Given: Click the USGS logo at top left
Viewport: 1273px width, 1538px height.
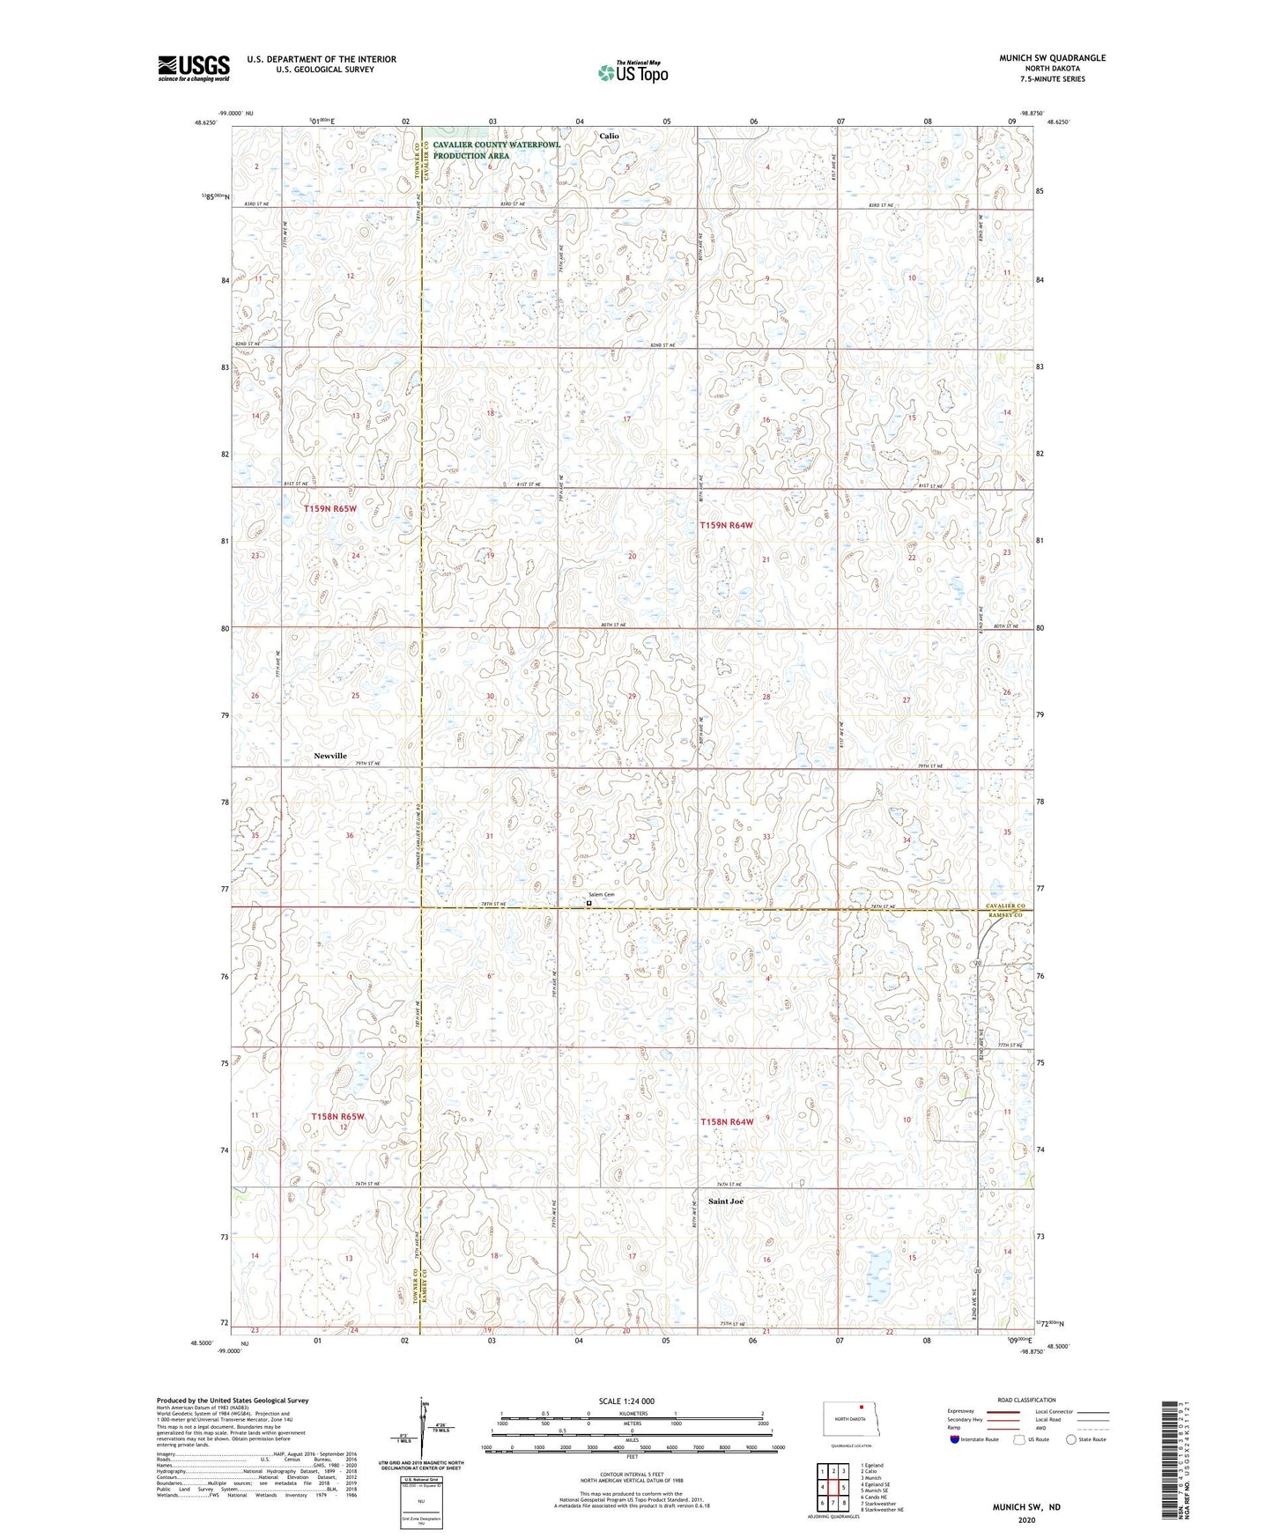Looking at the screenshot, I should (x=193, y=68).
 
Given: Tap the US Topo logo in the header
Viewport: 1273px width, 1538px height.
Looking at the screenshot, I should (x=632, y=72).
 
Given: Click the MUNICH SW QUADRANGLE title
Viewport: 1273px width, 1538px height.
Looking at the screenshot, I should (x=1052, y=58).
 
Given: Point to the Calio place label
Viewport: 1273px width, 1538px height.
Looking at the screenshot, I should (x=609, y=136).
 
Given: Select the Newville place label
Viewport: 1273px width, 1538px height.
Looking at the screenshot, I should (x=330, y=756).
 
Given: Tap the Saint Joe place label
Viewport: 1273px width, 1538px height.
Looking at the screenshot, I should (x=726, y=1202).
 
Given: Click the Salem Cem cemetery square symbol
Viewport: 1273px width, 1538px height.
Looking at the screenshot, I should (x=588, y=902).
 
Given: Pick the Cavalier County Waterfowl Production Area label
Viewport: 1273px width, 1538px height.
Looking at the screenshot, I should (x=496, y=150).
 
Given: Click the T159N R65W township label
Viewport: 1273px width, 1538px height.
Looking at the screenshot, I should (x=330, y=509).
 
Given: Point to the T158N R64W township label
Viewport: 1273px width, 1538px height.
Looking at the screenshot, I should (x=727, y=1121).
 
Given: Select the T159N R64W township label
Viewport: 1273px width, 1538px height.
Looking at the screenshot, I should (x=727, y=525).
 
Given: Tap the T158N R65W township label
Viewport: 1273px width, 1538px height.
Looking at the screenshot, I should (x=337, y=1116).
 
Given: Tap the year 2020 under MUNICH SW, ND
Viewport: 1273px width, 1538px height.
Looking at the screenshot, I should (x=1026, y=1520).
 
